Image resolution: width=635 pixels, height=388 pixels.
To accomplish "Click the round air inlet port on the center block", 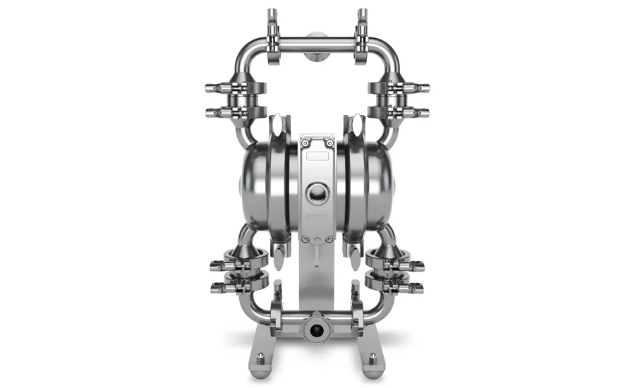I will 317,191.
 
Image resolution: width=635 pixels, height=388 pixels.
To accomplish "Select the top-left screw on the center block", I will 304,143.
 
